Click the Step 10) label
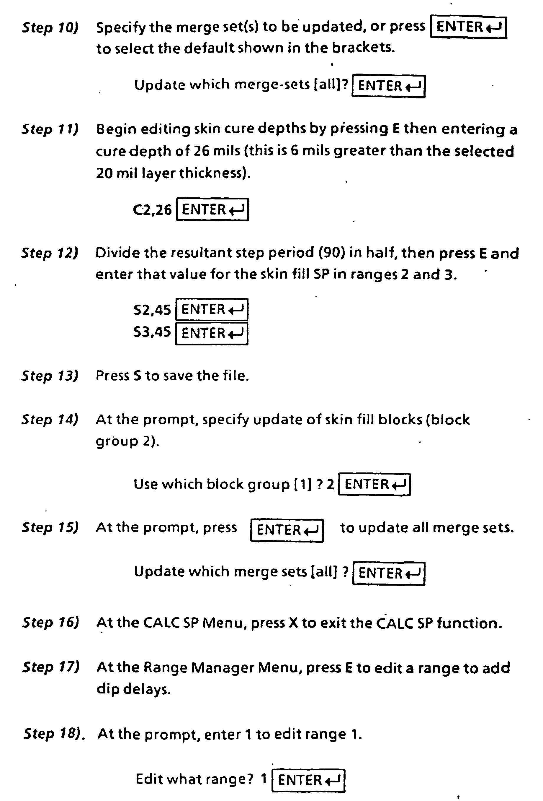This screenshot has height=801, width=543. click(50, 27)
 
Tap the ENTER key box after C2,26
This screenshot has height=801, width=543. click(212, 209)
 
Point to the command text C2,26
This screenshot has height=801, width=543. click(152, 209)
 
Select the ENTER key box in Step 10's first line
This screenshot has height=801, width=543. click(469, 27)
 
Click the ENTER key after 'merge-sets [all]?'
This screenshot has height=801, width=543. click(388, 86)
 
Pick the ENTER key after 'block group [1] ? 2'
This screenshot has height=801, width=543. click(374, 484)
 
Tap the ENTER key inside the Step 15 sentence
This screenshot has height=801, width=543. click(287, 530)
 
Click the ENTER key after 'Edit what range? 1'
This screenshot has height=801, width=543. click(308, 780)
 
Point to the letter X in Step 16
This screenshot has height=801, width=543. click(293, 623)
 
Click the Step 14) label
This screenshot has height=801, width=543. click(50, 420)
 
